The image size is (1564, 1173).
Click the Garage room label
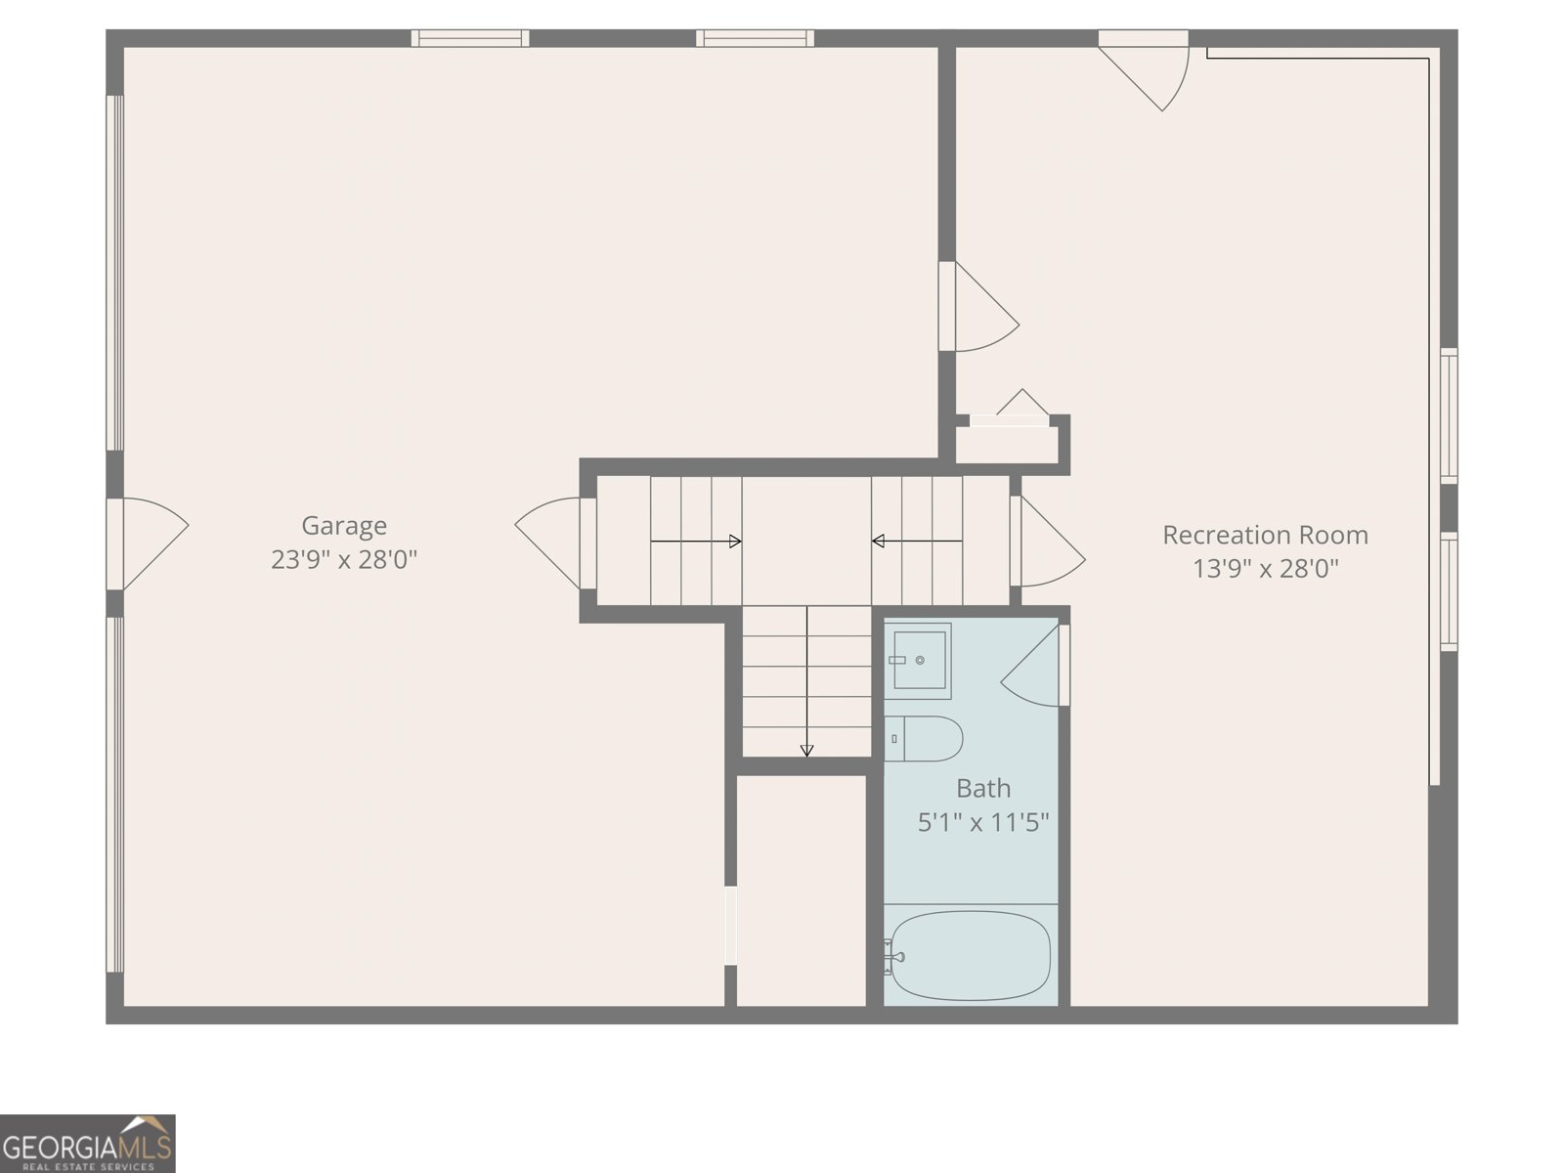344,526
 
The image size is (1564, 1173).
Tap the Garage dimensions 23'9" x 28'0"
344,560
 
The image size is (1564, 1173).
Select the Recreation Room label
1265,535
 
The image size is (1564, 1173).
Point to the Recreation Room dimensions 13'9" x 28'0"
1265,568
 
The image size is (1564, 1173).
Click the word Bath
983,788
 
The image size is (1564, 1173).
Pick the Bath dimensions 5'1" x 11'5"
983,822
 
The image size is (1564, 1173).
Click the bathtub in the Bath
971,955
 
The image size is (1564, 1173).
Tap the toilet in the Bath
924,738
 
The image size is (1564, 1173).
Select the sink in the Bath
919,660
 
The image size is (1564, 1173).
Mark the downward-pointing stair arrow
806,684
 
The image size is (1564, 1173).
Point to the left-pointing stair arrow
916,542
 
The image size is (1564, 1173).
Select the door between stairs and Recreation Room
1048,543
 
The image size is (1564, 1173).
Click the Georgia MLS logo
88,1143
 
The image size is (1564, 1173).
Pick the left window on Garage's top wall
469,38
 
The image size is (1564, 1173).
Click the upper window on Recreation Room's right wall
1449,415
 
